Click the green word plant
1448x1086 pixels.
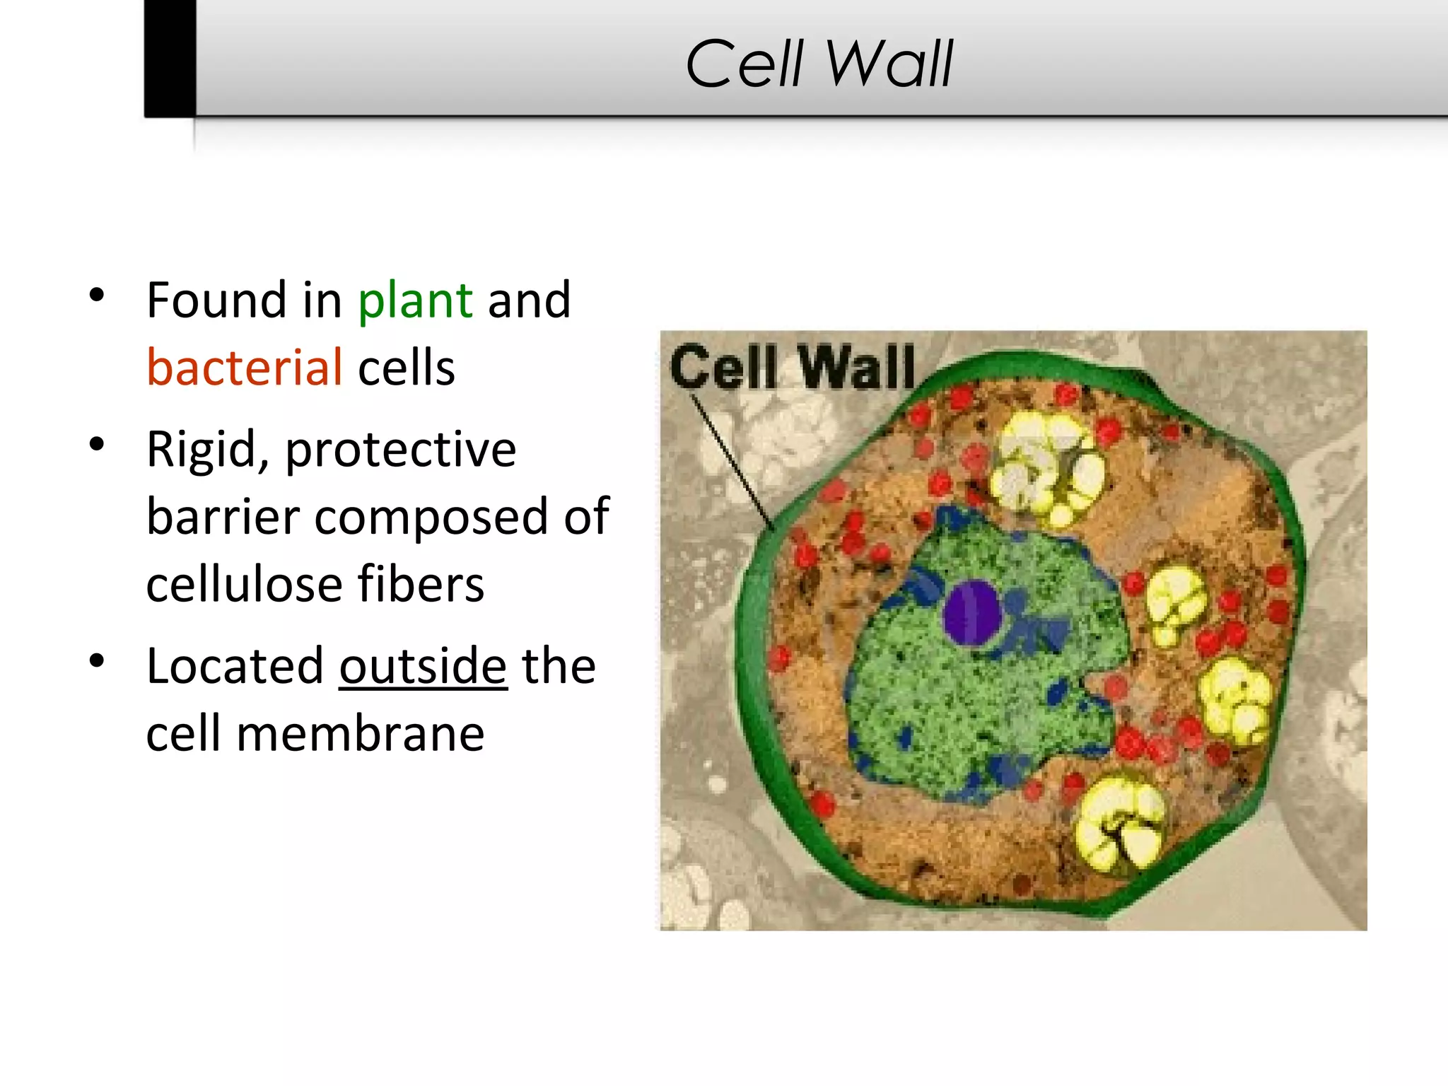point(415,301)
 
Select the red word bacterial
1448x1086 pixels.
point(245,368)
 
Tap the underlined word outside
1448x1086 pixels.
point(423,667)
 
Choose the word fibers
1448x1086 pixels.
point(421,585)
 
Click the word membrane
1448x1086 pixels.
point(360,734)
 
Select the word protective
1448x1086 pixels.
point(400,450)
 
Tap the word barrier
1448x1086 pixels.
point(223,517)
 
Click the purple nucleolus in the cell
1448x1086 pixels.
point(971,612)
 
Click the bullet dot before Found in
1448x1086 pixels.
point(98,296)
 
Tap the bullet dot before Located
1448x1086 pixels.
point(98,661)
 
